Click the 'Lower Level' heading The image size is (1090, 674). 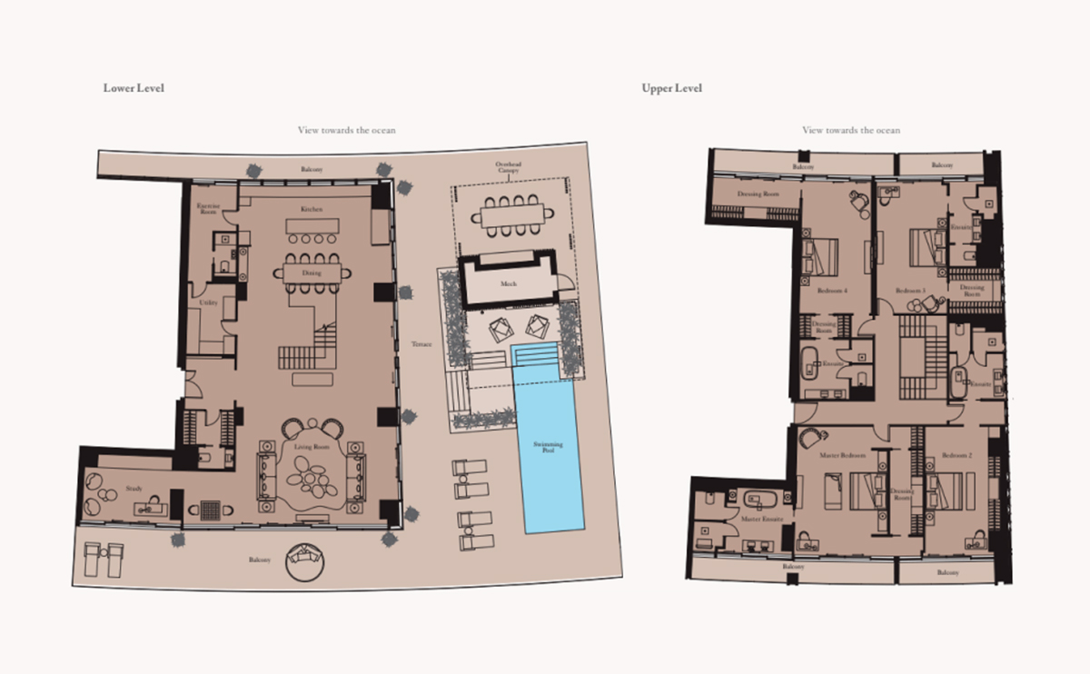coord(133,88)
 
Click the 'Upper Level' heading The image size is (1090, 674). coord(671,88)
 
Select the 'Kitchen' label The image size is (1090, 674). coord(312,209)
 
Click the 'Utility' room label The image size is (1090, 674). coord(208,302)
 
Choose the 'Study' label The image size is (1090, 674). coord(134,490)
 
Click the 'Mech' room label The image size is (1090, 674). coord(508,283)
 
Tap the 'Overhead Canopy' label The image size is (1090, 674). coord(509,168)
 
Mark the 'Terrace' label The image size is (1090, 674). coord(421,344)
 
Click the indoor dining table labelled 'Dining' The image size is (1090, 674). coord(312,272)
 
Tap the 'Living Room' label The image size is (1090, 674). coord(312,447)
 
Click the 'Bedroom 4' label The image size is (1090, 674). coord(832,291)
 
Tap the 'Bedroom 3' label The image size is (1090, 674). coord(911,291)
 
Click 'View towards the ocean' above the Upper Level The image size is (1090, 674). coord(851,130)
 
